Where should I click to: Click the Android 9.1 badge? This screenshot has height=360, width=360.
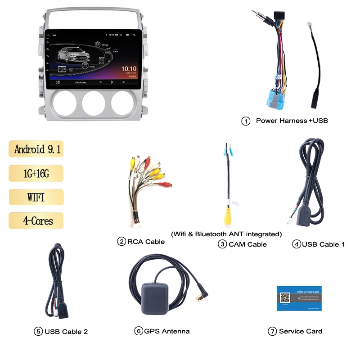[x=36, y=149]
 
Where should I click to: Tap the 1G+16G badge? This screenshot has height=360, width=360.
[x=36, y=173]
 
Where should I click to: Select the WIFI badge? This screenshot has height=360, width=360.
[x=36, y=197]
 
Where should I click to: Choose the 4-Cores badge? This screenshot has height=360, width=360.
[x=36, y=220]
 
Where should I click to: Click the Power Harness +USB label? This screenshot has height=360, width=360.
[x=292, y=121]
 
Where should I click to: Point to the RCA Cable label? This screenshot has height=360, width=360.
[x=146, y=242]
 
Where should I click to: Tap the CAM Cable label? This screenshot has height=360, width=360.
[x=247, y=244]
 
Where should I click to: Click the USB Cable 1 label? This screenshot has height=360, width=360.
[x=323, y=244]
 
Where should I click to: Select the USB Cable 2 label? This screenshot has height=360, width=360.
[x=66, y=332]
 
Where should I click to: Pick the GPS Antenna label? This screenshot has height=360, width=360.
[x=166, y=331]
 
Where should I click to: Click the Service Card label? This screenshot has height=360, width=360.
[x=300, y=331]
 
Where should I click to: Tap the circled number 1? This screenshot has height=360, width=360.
[x=246, y=121]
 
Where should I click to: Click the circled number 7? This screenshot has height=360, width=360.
[x=272, y=332]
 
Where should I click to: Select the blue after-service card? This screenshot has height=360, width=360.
[x=299, y=298]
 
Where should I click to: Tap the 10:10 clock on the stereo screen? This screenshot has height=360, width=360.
[x=129, y=69]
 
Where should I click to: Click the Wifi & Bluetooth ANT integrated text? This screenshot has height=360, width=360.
[x=226, y=234]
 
